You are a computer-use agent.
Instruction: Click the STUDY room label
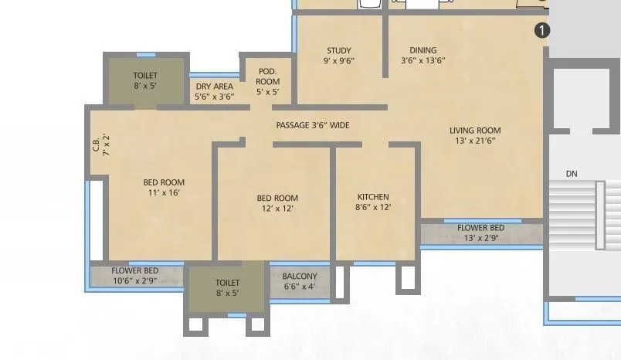click(339, 49)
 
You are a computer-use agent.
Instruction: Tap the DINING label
click(422, 49)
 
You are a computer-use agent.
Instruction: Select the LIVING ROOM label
click(475, 131)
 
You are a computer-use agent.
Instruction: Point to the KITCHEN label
click(373, 196)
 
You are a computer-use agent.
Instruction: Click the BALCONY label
click(299, 277)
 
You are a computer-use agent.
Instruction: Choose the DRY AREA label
click(214, 87)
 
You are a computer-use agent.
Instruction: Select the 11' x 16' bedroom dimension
click(164, 192)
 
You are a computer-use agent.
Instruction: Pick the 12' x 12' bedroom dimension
click(277, 208)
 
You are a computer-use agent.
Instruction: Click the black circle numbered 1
click(542, 30)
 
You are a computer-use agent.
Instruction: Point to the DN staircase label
click(572, 174)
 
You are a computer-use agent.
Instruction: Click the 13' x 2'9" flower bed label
click(480, 238)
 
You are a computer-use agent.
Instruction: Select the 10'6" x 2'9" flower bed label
click(135, 280)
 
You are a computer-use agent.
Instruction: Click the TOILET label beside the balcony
click(227, 284)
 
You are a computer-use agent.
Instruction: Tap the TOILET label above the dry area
click(145, 76)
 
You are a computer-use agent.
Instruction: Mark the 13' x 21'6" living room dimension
click(475, 141)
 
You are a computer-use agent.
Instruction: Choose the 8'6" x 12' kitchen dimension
click(373, 207)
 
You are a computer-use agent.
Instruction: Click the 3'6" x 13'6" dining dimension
click(422, 60)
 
